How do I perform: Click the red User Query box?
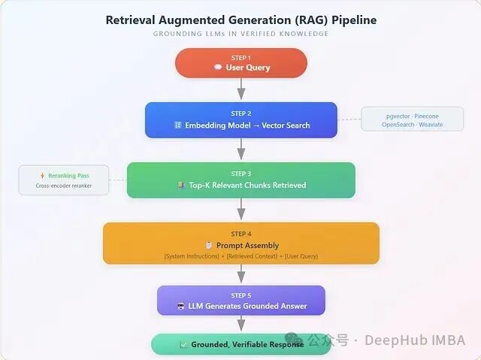(x=241, y=63)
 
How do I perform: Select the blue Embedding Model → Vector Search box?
(x=241, y=120)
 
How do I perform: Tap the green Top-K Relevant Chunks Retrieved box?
(x=241, y=180)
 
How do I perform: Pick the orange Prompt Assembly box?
(x=241, y=243)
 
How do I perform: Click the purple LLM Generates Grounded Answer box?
(x=241, y=301)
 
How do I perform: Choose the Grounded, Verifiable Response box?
(x=241, y=344)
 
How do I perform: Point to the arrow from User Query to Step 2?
(x=241, y=89)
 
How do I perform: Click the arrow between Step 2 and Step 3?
(x=241, y=150)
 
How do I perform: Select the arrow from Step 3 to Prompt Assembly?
(x=241, y=210)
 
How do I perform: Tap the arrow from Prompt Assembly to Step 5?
(x=241, y=274)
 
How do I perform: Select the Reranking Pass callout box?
(x=64, y=180)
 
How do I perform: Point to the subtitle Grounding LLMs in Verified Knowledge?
(x=241, y=34)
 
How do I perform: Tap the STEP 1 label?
(x=241, y=58)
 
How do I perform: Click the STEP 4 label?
(x=241, y=234)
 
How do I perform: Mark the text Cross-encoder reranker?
(x=64, y=186)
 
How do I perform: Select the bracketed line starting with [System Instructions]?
(x=241, y=256)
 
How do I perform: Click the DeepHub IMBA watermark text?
(x=415, y=340)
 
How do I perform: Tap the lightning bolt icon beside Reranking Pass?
(x=43, y=176)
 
